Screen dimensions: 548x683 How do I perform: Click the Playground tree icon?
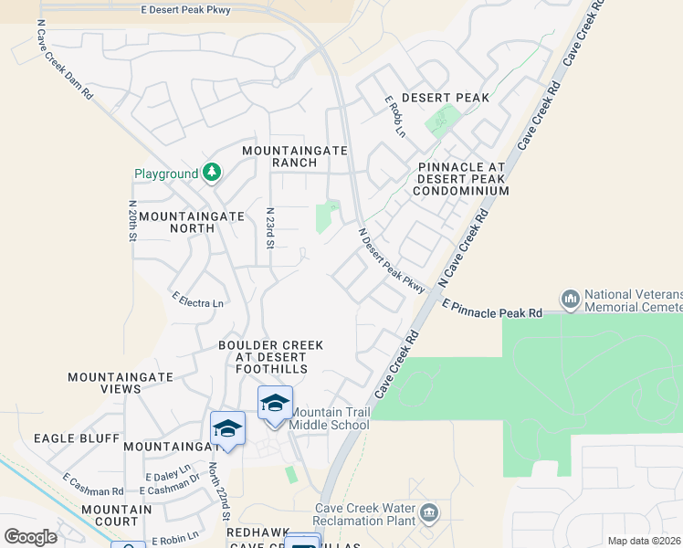click(212, 173)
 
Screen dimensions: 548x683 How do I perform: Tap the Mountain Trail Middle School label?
click(330, 418)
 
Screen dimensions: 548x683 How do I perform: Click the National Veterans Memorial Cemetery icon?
click(571, 299)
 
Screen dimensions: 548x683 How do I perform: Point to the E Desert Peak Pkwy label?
click(199, 9)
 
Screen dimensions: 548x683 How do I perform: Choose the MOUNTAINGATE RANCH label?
click(279, 156)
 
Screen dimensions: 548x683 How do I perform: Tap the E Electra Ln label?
click(197, 299)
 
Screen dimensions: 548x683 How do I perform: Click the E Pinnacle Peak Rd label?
click(492, 308)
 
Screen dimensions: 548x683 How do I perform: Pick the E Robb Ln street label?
click(394, 116)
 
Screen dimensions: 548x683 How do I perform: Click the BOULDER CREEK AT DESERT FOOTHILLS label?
click(270, 356)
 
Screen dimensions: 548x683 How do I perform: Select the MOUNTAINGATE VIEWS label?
click(104, 382)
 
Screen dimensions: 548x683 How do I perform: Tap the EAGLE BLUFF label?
click(77, 438)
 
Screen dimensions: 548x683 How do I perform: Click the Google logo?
click(30, 537)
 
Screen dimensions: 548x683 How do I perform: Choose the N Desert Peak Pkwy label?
click(392, 261)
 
